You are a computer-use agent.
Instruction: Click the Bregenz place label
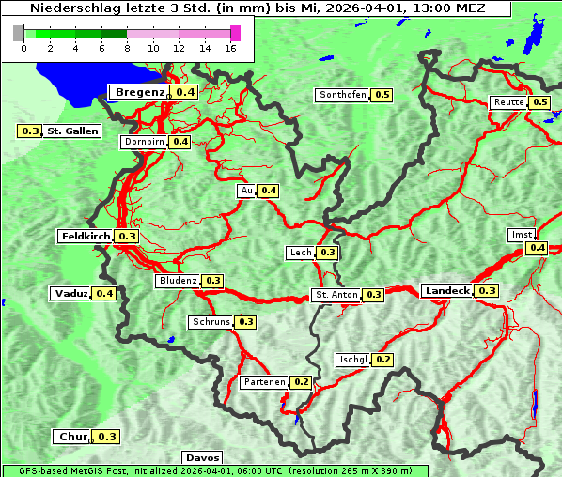point(140,92)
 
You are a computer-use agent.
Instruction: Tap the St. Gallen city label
point(72,131)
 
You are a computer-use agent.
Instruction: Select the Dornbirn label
point(144,142)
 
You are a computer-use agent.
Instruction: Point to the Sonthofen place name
point(343,95)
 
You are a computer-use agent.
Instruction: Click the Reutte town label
point(508,102)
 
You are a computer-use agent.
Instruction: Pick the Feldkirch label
point(86,237)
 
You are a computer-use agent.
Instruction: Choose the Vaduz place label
point(71,294)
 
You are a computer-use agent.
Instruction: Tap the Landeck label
point(446,291)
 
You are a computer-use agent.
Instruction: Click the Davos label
point(202,457)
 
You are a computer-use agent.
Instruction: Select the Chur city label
point(72,437)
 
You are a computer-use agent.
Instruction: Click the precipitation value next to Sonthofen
point(382,95)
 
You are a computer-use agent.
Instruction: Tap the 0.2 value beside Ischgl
point(382,360)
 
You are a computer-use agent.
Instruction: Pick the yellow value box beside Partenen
point(301,382)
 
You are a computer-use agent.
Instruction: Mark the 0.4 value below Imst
point(537,248)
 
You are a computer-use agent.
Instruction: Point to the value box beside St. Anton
point(373,295)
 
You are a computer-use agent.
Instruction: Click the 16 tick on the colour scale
point(231,48)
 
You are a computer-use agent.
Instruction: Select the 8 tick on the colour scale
point(127,48)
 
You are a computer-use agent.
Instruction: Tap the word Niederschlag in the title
point(65,8)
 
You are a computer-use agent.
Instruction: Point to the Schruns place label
point(211,322)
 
